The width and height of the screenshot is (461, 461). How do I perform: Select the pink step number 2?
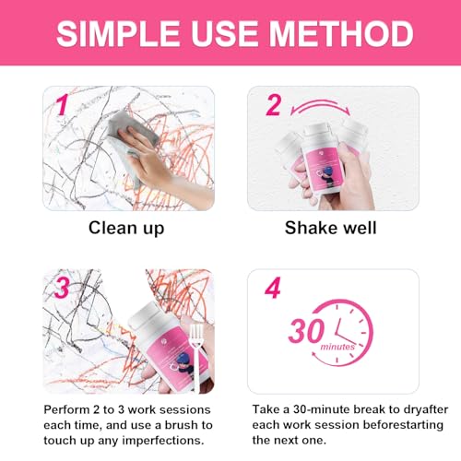click(273, 106)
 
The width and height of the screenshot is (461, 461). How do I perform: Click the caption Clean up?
click(127, 228)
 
